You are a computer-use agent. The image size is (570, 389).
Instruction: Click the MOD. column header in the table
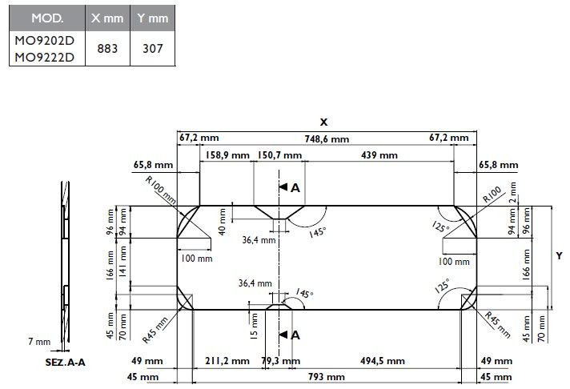pyautogui.click(x=47, y=18)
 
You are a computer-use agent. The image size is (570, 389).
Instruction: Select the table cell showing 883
pyautogui.click(x=107, y=48)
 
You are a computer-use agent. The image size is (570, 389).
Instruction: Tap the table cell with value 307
pyautogui.click(x=153, y=48)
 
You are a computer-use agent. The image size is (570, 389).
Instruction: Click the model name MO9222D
pyautogui.click(x=44, y=58)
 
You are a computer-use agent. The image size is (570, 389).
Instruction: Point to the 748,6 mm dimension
pyautogui.click(x=327, y=139)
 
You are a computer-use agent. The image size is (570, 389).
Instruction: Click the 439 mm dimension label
pyautogui.click(x=379, y=155)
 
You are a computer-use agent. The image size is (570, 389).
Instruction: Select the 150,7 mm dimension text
pyautogui.click(x=279, y=155)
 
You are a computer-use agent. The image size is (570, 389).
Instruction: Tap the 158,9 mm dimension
pyautogui.click(x=227, y=155)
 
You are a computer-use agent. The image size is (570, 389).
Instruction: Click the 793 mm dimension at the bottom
pyautogui.click(x=327, y=377)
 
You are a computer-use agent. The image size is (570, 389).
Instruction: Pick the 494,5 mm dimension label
pyautogui.click(x=383, y=361)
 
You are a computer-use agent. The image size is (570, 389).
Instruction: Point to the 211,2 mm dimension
pyautogui.click(x=227, y=361)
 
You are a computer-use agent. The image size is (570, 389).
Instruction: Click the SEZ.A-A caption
pyautogui.click(x=66, y=363)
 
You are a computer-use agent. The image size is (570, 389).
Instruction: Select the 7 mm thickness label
pyautogui.click(x=39, y=342)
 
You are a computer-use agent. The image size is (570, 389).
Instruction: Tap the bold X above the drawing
pyautogui.click(x=323, y=122)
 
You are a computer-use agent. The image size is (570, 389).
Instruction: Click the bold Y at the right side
pyautogui.click(x=559, y=256)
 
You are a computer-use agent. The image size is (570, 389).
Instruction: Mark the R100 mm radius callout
pyautogui.click(x=161, y=190)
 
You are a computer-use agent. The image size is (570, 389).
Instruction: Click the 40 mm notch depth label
pyautogui.click(x=222, y=222)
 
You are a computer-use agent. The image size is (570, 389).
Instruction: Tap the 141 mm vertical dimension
pyautogui.click(x=123, y=262)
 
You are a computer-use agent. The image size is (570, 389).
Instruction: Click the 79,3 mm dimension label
pyautogui.click(x=281, y=361)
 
